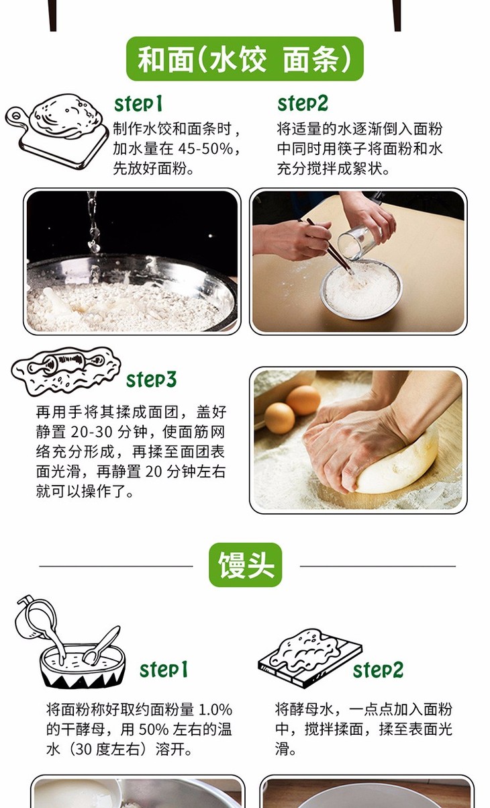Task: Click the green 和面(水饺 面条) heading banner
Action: pyautogui.click(x=245, y=59)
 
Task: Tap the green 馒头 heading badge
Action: pyautogui.click(x=245, y=565)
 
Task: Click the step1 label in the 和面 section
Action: pyautogui.click(x=138, y=104)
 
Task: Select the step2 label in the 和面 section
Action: pyautogui.click(x=303, y=104)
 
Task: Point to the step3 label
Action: pyautogui.click(x=152, y=379)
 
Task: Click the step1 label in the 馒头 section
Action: pyautogui.click(x=164, y=670)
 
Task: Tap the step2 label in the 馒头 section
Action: pyautogui.click(x=378, y=670)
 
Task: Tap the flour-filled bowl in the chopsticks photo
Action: pyautogui.click(x=361, y=289)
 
